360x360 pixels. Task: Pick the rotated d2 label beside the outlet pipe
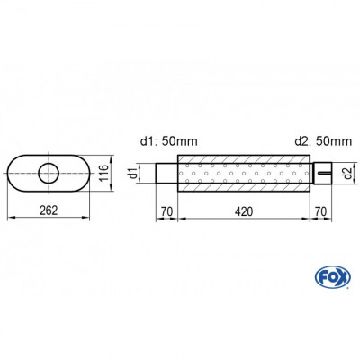tap(347, 171)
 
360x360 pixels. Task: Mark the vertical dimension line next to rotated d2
tap(339, 171)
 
